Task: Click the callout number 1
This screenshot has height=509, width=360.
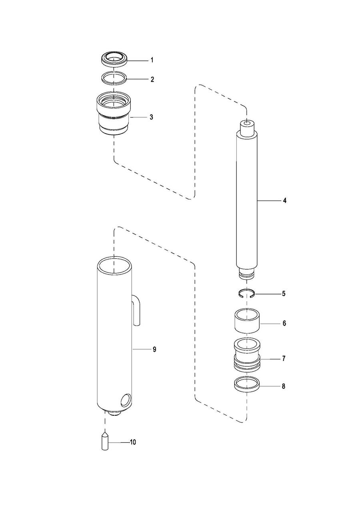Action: coord(152,60)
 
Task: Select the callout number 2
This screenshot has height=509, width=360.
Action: coord(152,80)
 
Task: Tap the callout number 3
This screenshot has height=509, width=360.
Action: coord(151,117)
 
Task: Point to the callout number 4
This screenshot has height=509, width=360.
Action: coord(284,200)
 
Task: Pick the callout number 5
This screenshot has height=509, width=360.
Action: coord(284,294)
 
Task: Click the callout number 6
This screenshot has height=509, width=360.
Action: coord(284,323)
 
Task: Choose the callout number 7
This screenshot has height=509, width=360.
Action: coord(284,359)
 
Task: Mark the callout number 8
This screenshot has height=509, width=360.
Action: coord(284,386)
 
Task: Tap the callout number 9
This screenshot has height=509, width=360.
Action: coord(154,349)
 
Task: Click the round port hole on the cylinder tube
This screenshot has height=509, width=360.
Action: coord(126,400)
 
